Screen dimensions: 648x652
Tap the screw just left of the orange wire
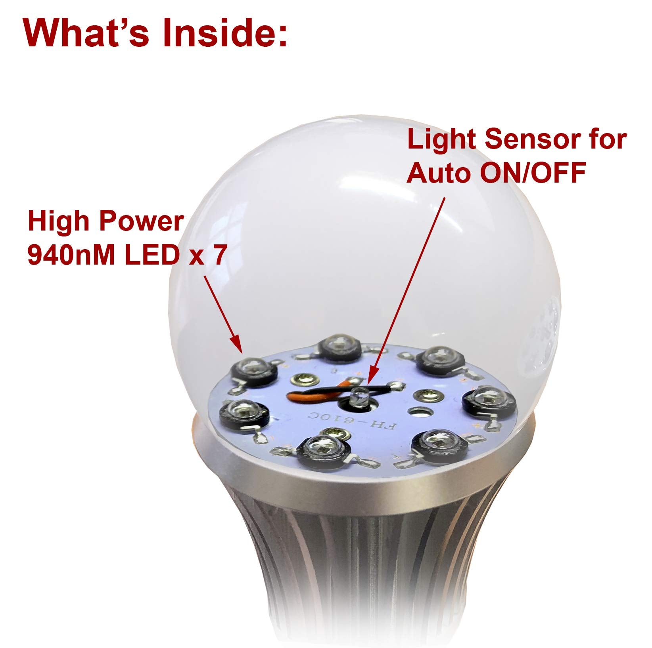click(304, 380)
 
